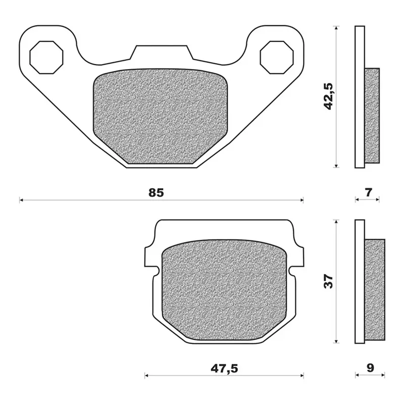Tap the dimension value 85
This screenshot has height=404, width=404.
[156, 192]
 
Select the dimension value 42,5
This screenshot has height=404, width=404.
[329, 96]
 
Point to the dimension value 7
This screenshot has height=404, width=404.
[369, 192]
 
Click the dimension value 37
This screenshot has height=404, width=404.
[329, 281]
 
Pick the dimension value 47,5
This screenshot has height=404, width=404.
[224, 369]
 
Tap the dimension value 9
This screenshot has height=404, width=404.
[370, 368]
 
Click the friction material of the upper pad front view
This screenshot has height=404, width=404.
[160, 116]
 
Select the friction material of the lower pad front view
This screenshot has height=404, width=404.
[224, 290]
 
